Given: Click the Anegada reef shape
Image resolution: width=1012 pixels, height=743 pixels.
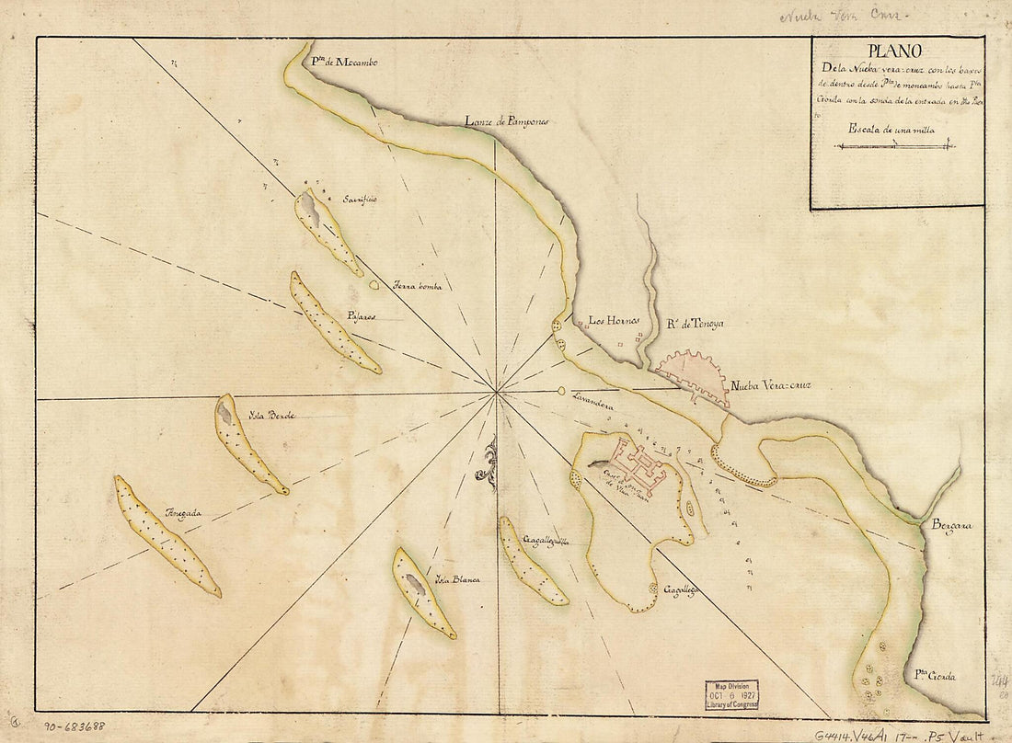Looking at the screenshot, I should [x=166, y=535].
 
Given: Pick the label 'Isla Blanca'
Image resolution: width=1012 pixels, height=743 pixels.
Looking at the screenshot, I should [x=458, y=579].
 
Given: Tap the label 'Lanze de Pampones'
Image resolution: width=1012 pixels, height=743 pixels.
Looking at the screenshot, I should [x=506, y=121].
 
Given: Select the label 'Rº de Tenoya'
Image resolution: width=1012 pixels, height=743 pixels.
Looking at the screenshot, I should [x=696, y=324].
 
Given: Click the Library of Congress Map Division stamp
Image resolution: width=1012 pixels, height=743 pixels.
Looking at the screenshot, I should [x=731, y=694].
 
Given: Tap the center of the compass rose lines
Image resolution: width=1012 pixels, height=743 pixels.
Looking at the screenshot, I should [x=497, y=394].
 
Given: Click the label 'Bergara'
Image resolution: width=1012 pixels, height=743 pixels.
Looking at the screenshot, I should [x=951, y=525].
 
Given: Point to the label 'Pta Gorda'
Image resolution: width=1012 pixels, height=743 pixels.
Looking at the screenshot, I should [x=935, y=677].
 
